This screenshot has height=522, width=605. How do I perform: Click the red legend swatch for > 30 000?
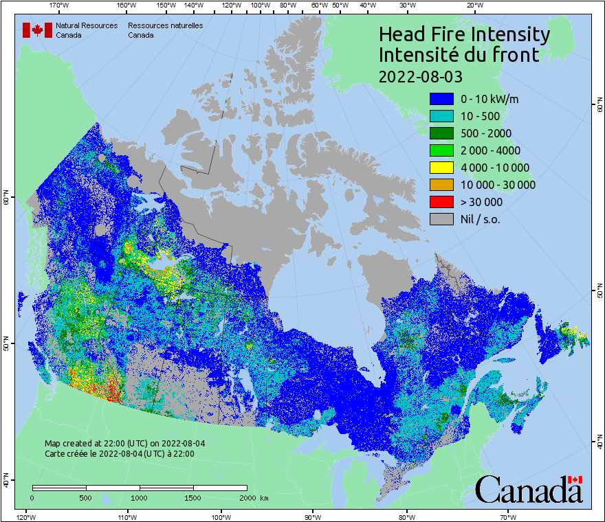(441, 202)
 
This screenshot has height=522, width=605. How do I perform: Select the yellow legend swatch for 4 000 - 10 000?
(441, 168)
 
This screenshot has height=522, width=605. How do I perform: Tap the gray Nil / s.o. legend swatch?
(441, 219)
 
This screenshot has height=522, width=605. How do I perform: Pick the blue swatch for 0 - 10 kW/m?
(441, 99)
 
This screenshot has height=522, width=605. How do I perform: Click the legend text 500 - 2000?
(486, 133)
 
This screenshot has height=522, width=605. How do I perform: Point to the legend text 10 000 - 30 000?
(498, 185)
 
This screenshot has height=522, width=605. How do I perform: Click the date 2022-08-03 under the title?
(421, 75)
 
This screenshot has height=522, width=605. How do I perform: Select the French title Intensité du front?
(459, 54)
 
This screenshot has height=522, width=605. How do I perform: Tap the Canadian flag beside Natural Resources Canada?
(37, 30)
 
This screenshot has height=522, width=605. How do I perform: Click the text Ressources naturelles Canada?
(165, 30)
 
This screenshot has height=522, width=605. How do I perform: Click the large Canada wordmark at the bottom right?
(529, 490)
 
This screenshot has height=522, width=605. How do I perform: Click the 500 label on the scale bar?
(85, 497)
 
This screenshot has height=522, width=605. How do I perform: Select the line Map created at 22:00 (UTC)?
(124, 444)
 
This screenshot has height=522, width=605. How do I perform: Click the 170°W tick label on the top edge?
(59, 5)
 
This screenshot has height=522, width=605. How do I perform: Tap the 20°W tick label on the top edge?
(474, 5)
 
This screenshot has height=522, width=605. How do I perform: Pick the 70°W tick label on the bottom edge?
(507, 517)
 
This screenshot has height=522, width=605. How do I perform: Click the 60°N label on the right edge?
(599, 106)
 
